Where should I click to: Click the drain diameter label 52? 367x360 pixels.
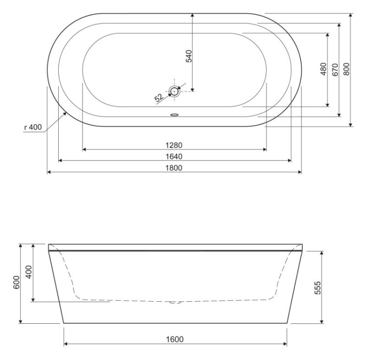[159, 98]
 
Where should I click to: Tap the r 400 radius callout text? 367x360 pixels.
[33, 127]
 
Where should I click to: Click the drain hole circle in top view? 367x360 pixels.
[174, 91]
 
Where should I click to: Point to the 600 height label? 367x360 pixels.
[16, 283]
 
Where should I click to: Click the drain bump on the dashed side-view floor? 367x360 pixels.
[174, 302]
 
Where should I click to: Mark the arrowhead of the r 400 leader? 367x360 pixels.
[66, 112]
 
